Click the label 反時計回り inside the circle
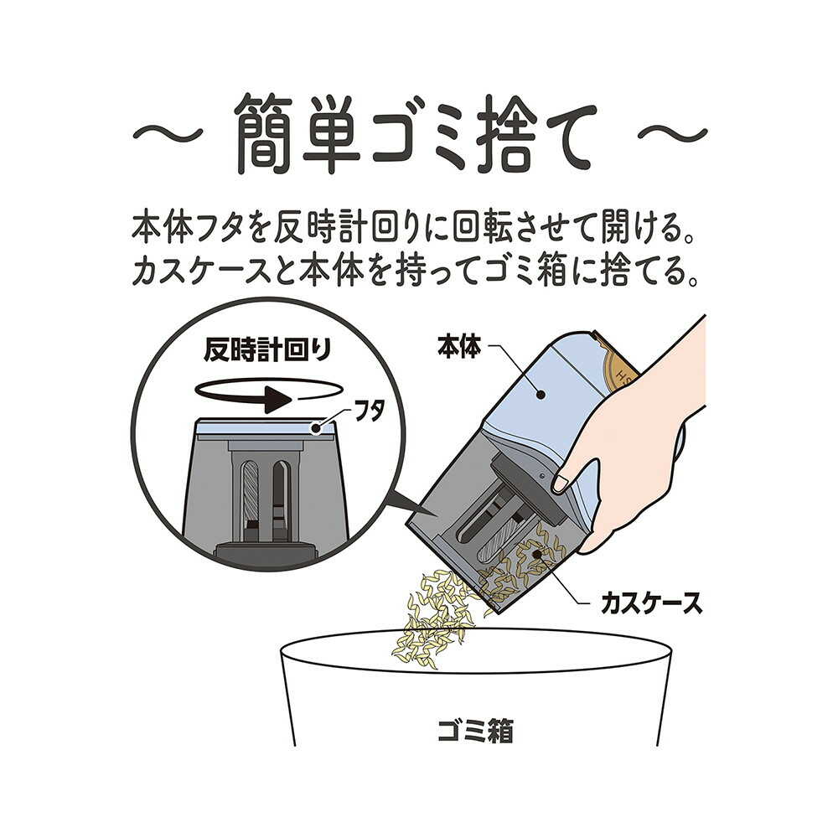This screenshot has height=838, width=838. [268, 350]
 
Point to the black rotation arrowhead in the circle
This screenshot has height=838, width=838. [277, 399]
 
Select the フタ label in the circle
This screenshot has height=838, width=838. [367, 411]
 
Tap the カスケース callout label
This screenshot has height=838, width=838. [651, 603]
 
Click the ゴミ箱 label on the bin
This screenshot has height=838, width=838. [475, 731]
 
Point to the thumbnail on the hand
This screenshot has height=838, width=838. [561, 483]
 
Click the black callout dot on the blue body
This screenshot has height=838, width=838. [541, 395]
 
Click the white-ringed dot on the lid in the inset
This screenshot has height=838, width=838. [318, 427]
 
